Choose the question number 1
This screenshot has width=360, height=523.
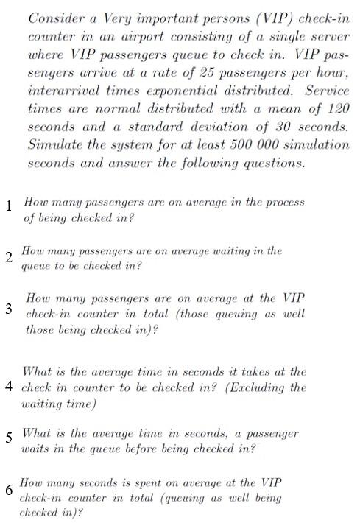click(8, 207)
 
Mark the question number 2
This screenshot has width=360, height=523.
click(8, 257)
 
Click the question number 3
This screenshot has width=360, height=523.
click(8, 308)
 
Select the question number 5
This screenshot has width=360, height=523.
click(8, 438)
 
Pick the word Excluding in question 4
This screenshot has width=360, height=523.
click(247, 387)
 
